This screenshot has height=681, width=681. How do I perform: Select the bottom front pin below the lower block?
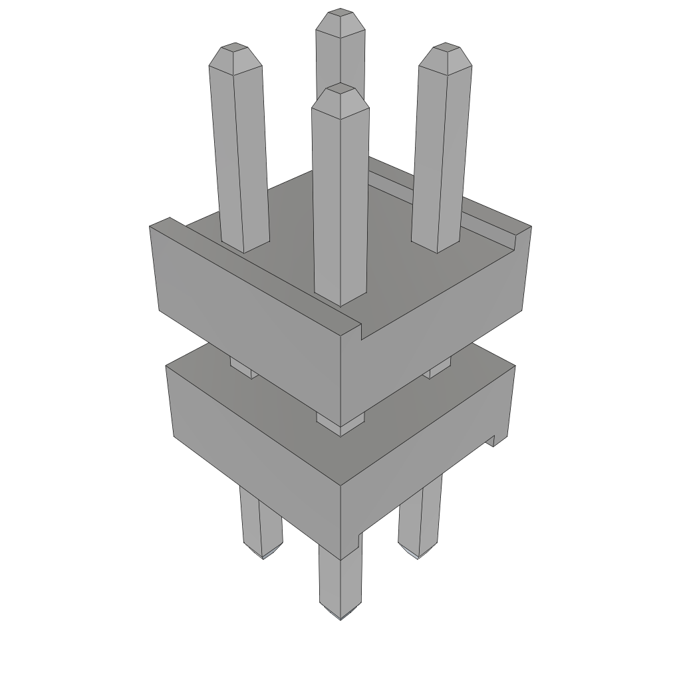coord(340,585)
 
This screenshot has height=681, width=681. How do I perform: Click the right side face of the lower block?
coord(426,452)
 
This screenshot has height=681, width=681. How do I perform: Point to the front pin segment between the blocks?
coord(340,423)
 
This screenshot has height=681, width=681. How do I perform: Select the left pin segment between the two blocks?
coord(243,367)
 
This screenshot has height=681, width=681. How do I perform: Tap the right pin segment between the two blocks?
coord(438,367)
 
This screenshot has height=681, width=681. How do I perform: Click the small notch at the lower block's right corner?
coord(493,440)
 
